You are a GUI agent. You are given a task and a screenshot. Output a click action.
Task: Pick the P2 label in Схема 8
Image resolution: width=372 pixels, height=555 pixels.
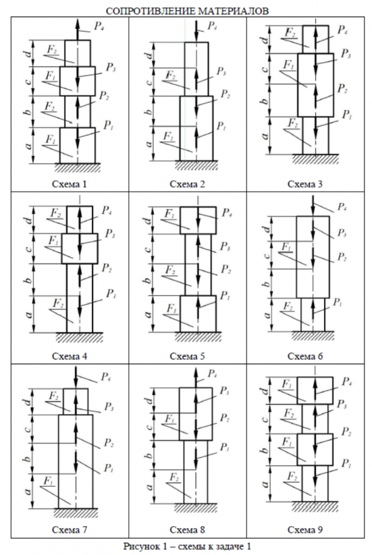pos(225,417)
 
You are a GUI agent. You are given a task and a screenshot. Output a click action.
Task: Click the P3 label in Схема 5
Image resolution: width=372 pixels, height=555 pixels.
pos(225,246)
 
